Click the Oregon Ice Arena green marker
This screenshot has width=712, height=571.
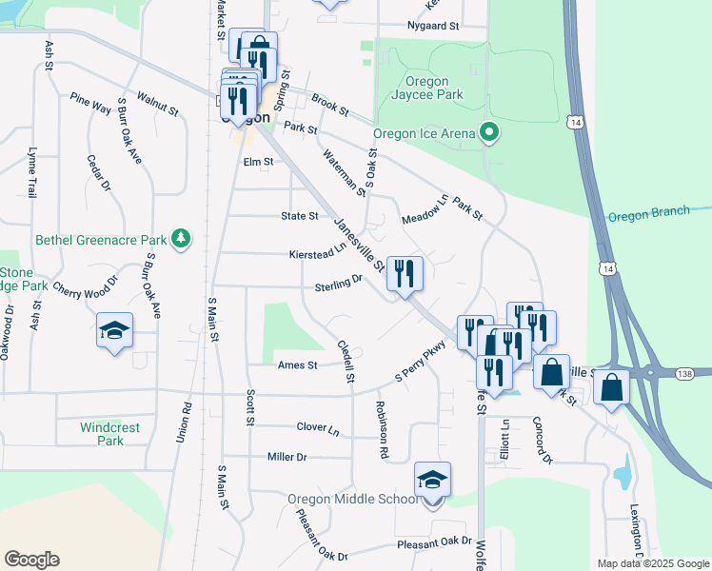pyautogui.click(x=490, y=133)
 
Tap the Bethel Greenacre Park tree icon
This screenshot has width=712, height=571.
pyautogui.click(x=180, y=240)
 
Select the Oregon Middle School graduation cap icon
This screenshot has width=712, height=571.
pyautogui.click(x=432, y=480)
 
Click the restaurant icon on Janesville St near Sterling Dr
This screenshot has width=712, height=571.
pyautogui.click(x=405, y=274)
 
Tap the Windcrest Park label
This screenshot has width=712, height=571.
pyautogui.click(x=109, y=434)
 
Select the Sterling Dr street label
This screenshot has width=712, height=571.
pyautogui.click(x=338, y=284)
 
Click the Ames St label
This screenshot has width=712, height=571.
pyautogui.click(x=297, y=364)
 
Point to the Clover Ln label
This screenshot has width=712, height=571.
pyautogui.click(x=317, y=429)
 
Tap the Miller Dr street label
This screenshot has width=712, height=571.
pyautogui.click(x=287, y=458)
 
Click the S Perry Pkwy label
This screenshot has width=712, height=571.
pyautogui.click(x=421, y=364)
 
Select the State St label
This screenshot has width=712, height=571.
pyautogui.click(x=299, y=216)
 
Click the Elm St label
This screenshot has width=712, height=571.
pyautogui.click(x=258, y=162)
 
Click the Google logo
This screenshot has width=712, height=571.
pyautogui.click(x=31, y=560)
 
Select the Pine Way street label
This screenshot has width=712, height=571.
pyautogui.click(x=90, y=103)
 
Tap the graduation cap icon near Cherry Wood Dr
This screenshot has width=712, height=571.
pyautogui.click(x=114, y=330)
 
